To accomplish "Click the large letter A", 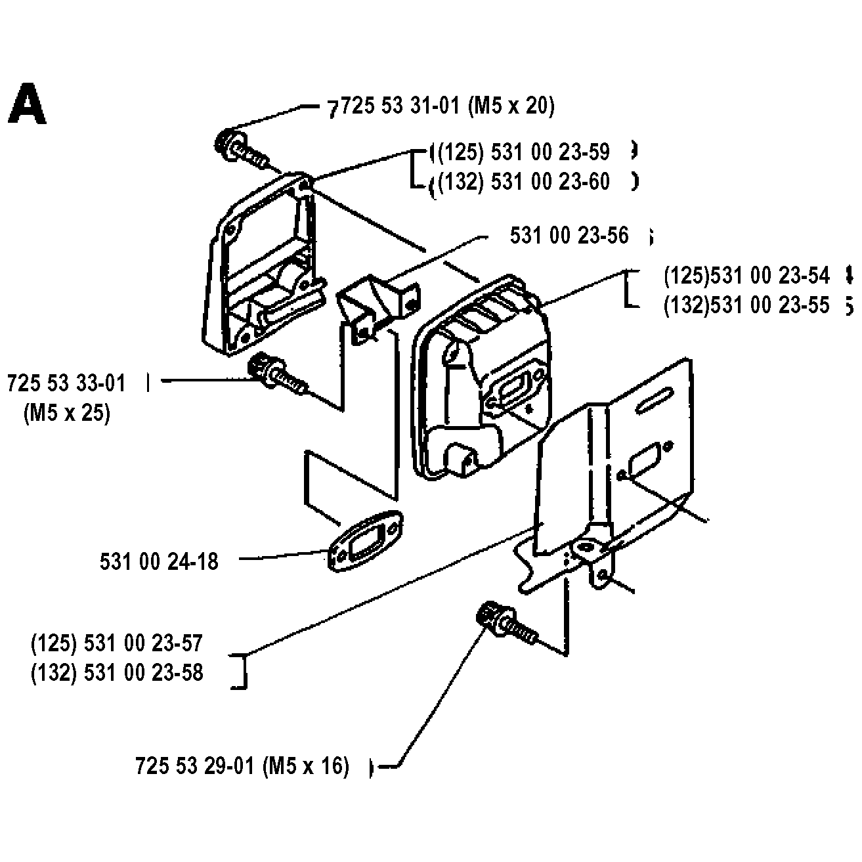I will (x=27, y=104).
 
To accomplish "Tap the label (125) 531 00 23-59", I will (x=524, y=152).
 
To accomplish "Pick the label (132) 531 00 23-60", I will (x=524, y=181).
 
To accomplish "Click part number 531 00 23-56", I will (x=569, y=235).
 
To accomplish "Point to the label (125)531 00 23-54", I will (x=746, y=276).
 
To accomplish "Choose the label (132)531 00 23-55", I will (x=746, y=305).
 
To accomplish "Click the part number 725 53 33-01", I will (x=66, y=383).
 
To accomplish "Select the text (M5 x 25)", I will (x=66, y=413).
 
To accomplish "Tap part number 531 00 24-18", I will (x=159, y=561).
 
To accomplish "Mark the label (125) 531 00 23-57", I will (x=117, y=643).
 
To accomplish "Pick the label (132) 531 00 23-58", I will (x=117, y=673).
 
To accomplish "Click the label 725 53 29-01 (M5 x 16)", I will (x=242, y=766).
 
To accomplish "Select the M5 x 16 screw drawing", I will (x=504, y=622).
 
